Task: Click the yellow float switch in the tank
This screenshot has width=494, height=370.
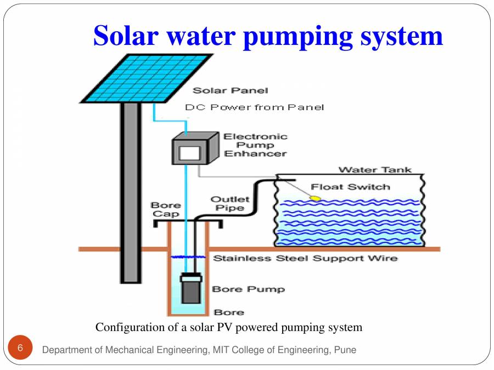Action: pyautogui.click(x=316, y=197)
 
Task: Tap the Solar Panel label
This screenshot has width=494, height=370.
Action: pyautogui.click(x=230, y=90)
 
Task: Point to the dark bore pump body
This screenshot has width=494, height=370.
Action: pyautogui.click(x=191, y=288)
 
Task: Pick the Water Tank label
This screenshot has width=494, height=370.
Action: pyautogui.click(x=375, y=170)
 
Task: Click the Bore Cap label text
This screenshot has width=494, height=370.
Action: pyautogui.click(x=166, y=209)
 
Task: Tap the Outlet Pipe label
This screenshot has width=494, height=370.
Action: pyautogui.click(x=230, y=203)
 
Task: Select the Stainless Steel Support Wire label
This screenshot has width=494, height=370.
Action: pyautogui.click(x=305, y=258)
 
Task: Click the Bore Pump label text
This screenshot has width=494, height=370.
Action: pyautogui.click(x=248, y=289)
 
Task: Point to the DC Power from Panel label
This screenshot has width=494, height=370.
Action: pyautogui.click(x=254, y=107)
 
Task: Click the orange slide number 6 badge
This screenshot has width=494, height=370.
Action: pyautogui.click(x=20, y=348)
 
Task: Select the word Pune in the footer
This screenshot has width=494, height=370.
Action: pyautogui.click(x=346, y=350)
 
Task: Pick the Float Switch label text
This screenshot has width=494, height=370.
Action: pyautogui.click(x=350, y=187)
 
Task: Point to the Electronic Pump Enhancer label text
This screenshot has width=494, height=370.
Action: pyautogui.click(x=255, y=145)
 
